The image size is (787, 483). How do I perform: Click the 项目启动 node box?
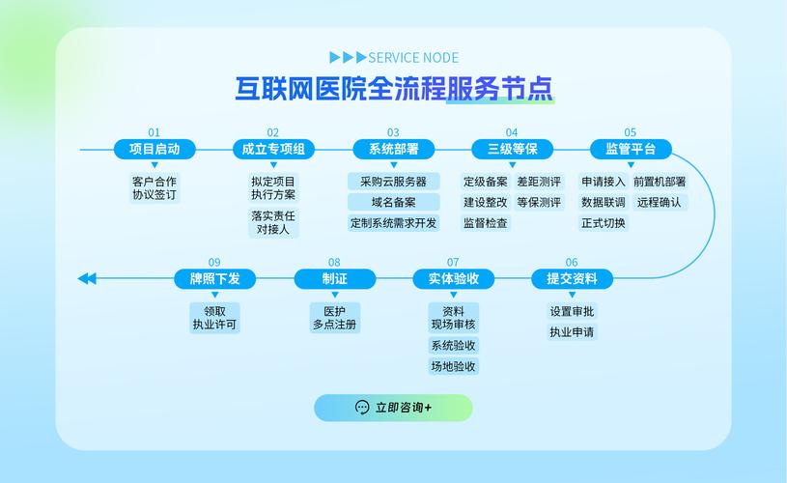pyautogui.click(x=155, y=149)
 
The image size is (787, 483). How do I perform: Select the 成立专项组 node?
pyautogui.click(x=273, y=149)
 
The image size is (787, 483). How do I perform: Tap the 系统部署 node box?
pyautogui.click(x=393, y=149)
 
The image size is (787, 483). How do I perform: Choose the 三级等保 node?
pyautogui.click(x=512, y=149)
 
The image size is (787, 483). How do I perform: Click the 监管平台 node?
pyautogui.click(x=631, y=149)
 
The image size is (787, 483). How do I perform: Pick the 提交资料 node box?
pyautogui.click(x=572, y=279)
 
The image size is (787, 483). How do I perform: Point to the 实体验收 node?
pyautogui.click(x=453, y=279)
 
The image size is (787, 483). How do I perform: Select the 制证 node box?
pyautogui.click(x=334, y=279)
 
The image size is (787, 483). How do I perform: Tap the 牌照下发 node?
pyautogui.click(x=214, y=279)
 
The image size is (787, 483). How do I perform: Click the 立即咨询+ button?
pyautogui.click(x=393, y=408)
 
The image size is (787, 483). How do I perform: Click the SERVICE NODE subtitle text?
pyautogui.click(x=413, y=58)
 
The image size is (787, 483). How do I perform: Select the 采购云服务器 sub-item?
pyautogui.click(x=393, y=182)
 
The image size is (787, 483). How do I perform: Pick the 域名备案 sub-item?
pyautogui.click(x=393, y=203)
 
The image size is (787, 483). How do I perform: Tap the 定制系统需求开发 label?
pyautogui.click(x=393, y=223)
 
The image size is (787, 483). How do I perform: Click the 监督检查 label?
pyautogui.click(x=485, y=223)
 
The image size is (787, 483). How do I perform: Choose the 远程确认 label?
pyautogui.click(x=660, y=203)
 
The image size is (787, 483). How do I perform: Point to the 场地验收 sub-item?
pyautogui.click(x=453, y=366)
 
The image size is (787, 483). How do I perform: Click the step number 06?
pyautogui.click(x=572, y=262)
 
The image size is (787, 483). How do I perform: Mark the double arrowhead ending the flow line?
pyautogui.click(x=87, y=279)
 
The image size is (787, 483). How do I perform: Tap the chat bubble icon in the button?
pyautogui.click(x=362, y=408)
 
